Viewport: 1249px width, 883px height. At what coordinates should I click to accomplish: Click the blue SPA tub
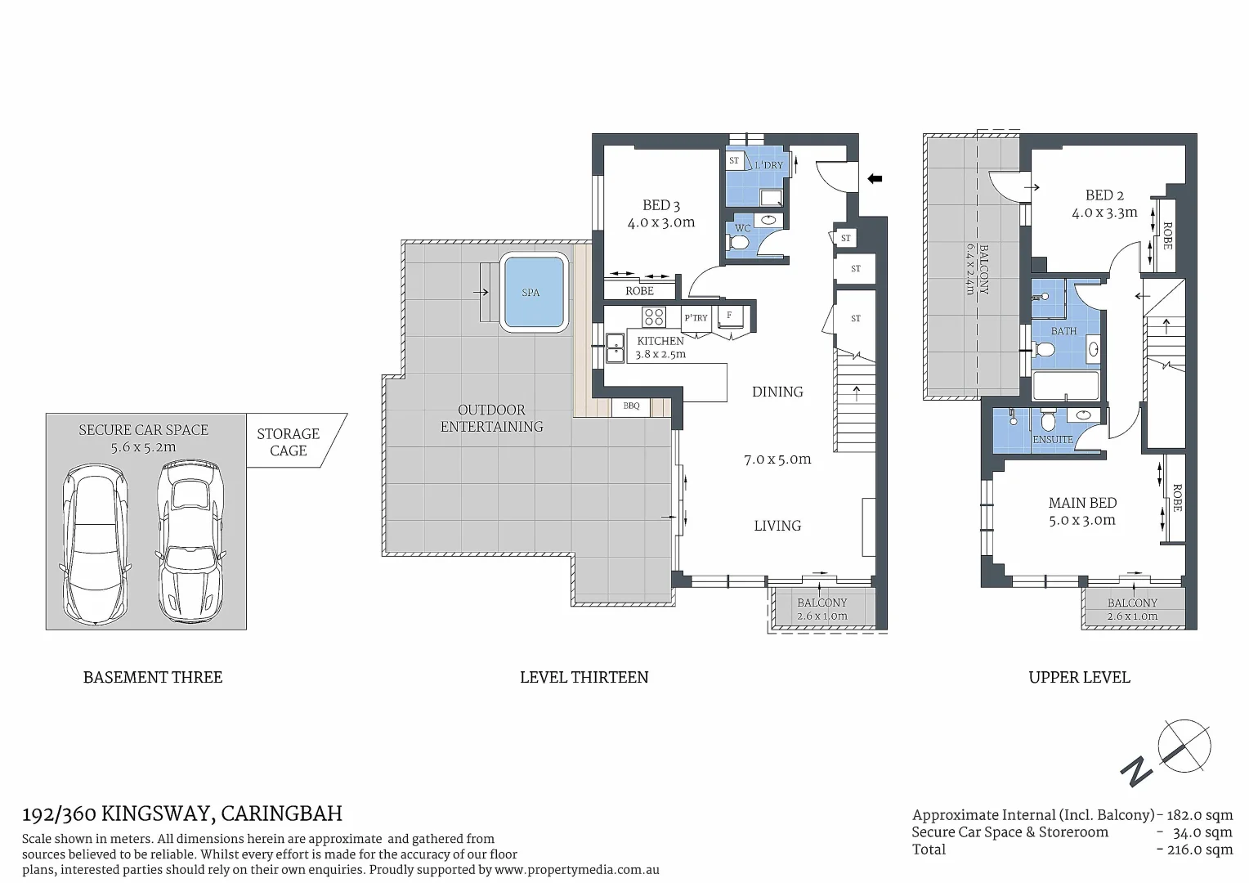(534, 292)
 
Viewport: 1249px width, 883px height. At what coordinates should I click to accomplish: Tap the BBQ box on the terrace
(631, 406)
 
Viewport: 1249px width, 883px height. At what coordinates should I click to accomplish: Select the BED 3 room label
(660, 205)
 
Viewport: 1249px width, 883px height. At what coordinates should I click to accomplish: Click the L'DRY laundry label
(768, 165)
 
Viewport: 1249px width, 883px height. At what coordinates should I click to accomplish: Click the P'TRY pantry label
(696, 318)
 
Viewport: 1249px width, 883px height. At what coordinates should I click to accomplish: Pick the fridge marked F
(729, 316)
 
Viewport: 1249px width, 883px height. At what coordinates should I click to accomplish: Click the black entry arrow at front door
(875, 178)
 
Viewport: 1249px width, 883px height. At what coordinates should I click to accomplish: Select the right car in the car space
(190, 541)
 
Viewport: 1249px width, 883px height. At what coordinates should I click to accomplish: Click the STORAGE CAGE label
(288, 441)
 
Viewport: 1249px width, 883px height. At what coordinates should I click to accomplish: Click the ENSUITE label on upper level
(1052, 439)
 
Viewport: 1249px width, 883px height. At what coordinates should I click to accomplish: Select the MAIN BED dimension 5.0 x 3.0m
(1081, 520)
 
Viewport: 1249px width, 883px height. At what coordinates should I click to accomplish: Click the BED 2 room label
(1104, 195)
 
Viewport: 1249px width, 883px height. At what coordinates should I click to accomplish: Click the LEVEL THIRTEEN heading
(584, 677)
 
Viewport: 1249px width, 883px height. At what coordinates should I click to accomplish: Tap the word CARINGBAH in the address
(281, 814)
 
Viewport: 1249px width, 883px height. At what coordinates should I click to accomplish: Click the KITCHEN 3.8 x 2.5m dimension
(660, 355)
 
